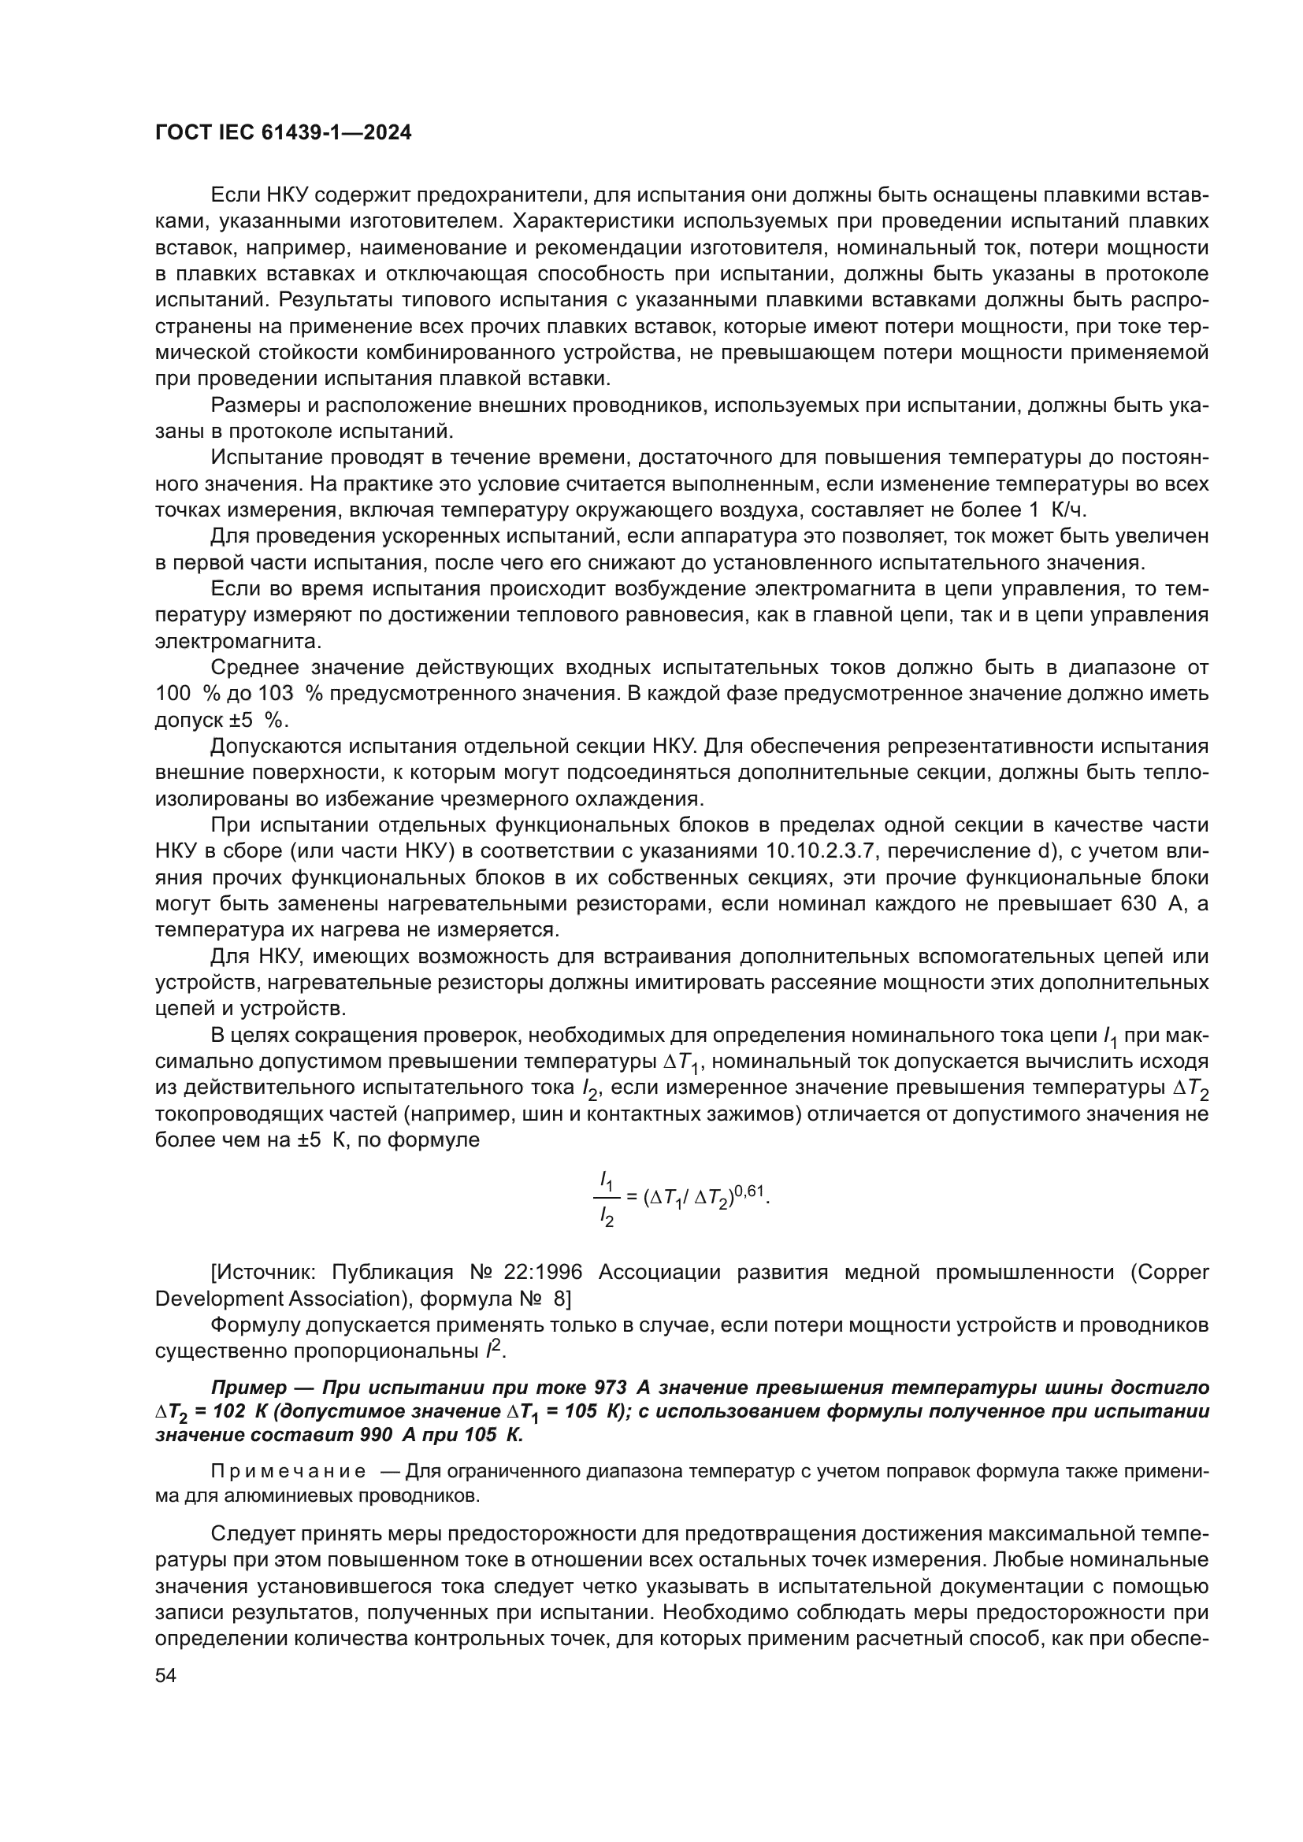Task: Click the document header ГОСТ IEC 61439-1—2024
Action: point(284,133)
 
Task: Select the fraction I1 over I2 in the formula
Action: point(607,1200)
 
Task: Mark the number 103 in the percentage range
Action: point(276,694)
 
